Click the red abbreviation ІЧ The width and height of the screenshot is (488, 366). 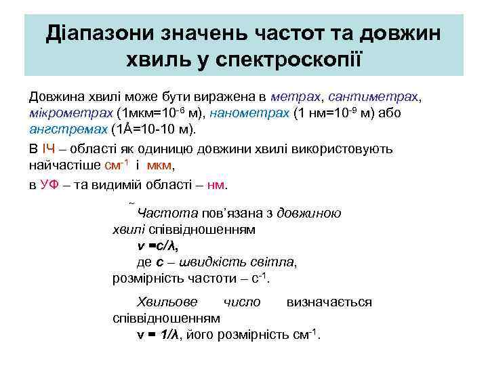pyautogui.click(x=49, y=148)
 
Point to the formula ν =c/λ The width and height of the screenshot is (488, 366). pyautogui.click(x=158, y=246)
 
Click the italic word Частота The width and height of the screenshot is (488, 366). pyautogui.click(x=167, y=213)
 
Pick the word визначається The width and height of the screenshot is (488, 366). pyautogui.click(x=329, y=302)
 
